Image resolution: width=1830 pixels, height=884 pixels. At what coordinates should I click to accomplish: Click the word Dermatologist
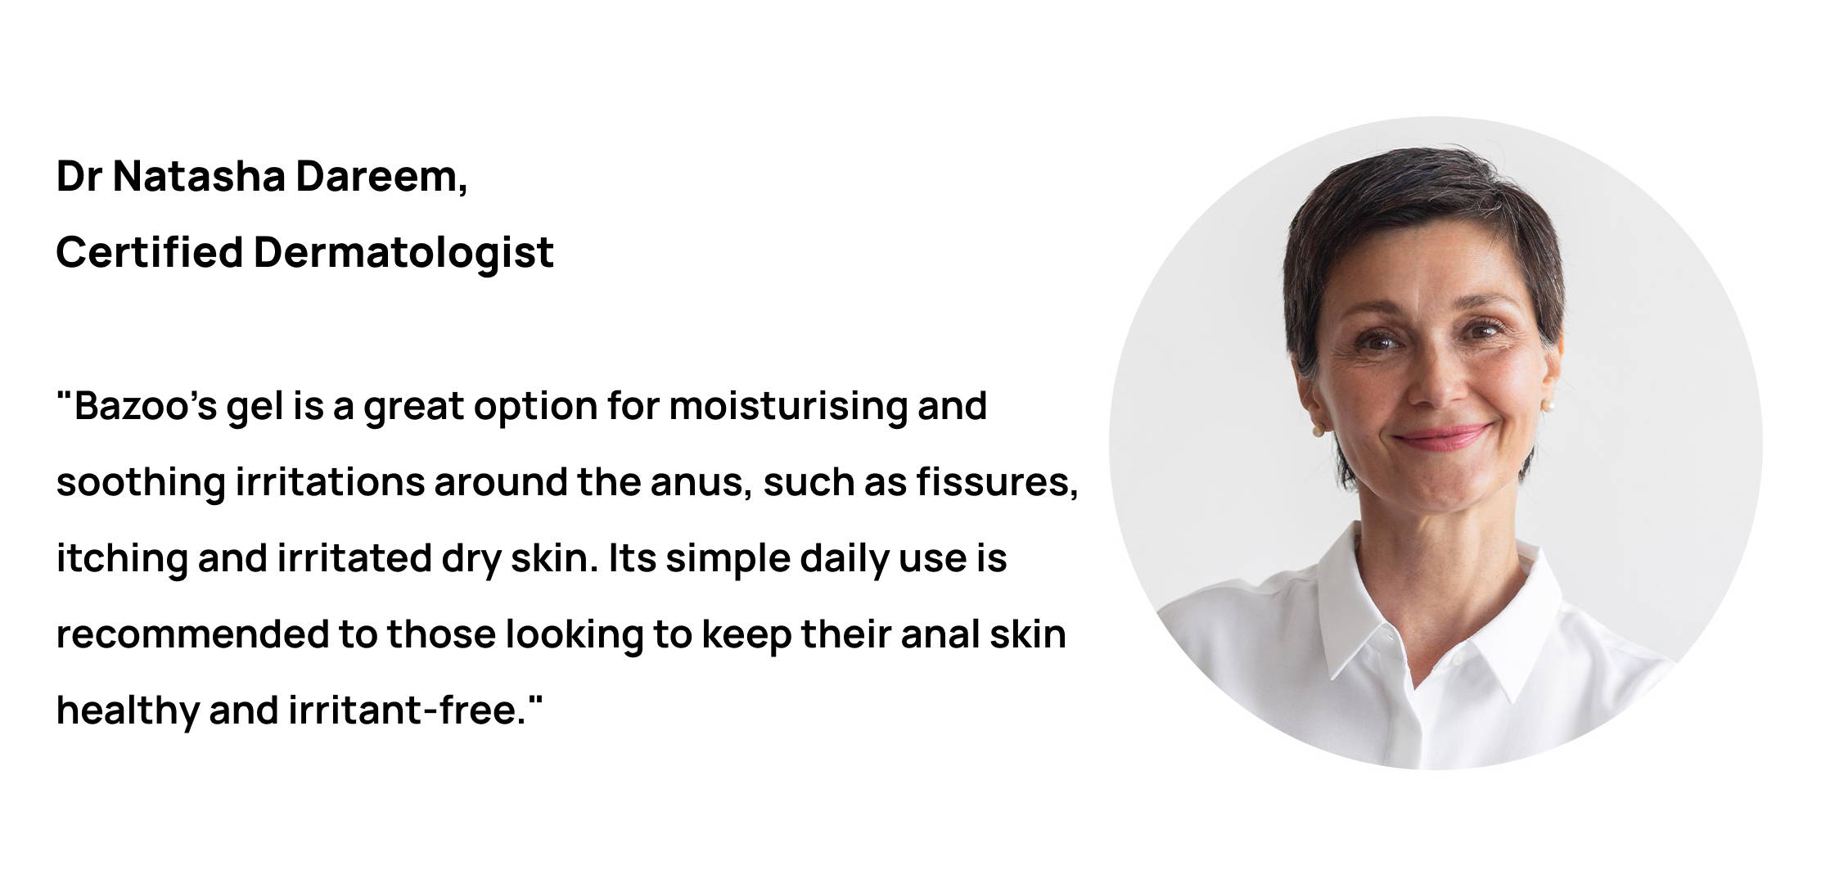[x=403, y=253]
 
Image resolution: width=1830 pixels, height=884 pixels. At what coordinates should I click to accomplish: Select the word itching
[x=122, y=559]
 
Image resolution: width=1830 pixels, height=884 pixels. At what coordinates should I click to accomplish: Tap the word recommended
[x=192, y=634]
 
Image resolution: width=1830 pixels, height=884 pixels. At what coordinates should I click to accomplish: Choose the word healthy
[x=128, y=710]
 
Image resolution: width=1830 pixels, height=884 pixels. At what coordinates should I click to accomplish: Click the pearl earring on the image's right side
[x=1547, y=404]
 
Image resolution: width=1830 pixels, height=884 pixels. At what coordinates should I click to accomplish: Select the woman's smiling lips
[x=1442, y=437]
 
